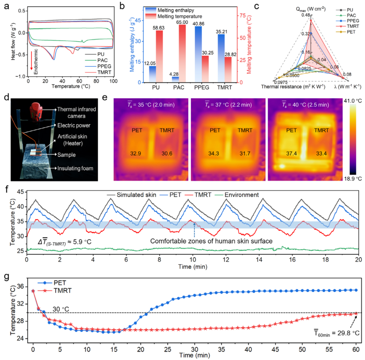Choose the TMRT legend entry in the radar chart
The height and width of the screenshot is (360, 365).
(x=347, y=27)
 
